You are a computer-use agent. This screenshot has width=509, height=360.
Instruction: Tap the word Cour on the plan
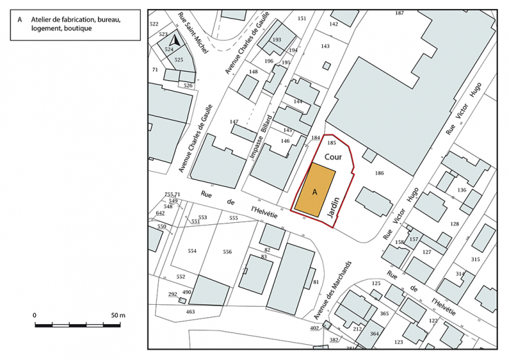tap(334, 157)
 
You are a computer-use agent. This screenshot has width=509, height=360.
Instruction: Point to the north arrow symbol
tap(176, 41)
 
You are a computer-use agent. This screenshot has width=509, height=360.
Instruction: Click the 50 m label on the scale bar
tap(117, 314)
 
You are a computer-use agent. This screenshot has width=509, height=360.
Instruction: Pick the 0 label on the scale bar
tap(35, 314)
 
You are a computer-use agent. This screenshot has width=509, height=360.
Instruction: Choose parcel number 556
tap(228, 252)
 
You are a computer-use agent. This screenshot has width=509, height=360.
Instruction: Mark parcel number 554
tap(192, 251)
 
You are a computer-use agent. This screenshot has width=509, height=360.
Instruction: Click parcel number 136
tap(461, 190)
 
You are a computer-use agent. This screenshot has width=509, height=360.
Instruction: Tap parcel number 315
tap(475, 259)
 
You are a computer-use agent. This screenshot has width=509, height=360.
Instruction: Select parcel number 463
tap(190, 312)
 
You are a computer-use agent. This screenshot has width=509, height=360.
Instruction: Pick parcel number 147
tap(234, 121)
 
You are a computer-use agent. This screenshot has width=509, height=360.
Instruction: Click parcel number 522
tap(154, 24)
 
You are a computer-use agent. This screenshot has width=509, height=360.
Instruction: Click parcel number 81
tap(316, 283)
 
